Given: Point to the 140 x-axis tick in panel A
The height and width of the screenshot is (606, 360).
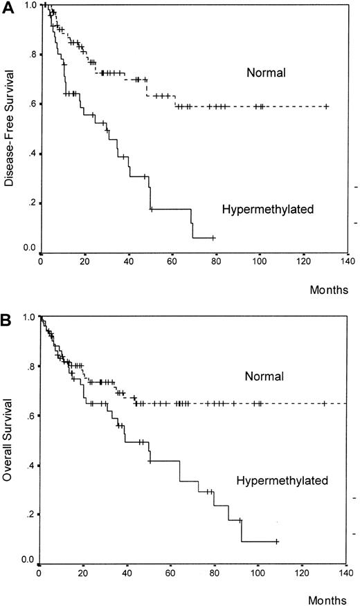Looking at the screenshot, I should point(348,263).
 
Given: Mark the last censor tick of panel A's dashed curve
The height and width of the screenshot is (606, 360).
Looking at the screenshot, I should point(326,107).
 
